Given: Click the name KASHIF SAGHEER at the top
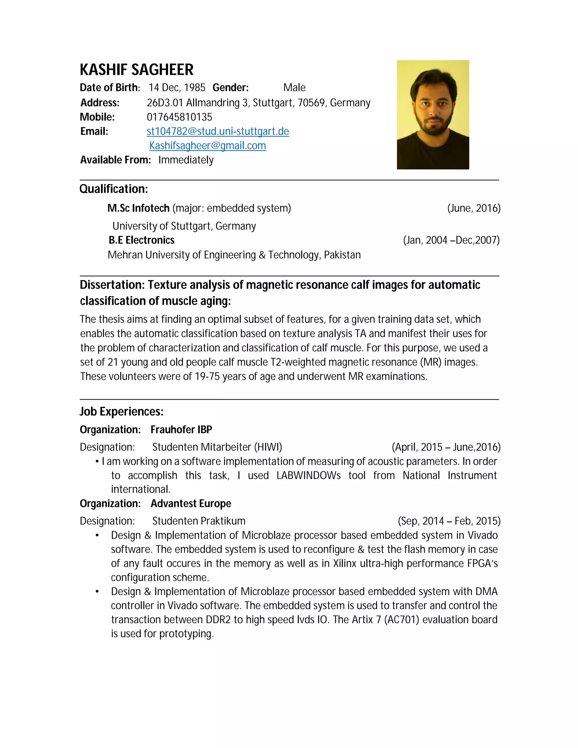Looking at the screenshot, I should tap(137, 70).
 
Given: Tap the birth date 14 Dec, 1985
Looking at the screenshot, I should tap(177, 88).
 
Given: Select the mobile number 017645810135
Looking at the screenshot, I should tap(179, 117).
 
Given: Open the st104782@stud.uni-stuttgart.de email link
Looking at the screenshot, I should tap(218, 132).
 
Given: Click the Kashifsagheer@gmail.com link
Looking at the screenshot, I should tap(207, 146).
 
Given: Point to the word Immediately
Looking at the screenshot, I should tap(186, 160).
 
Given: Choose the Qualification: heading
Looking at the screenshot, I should tap(114, 189).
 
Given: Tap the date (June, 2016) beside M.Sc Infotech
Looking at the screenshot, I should tap(474, 208).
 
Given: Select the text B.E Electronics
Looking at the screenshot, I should tap(141, 240).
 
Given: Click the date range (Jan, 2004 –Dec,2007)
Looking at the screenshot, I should tap(451, 240).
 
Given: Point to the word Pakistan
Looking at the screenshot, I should tap(342, 255).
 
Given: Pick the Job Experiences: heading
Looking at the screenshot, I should tap(122, 411).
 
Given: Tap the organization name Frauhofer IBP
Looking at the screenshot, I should tap(181, 430).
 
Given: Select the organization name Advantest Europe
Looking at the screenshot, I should tap(191, 504).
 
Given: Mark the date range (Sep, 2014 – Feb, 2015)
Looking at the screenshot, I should tap(449, 521).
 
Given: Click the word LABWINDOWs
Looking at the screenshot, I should tap(308, 475).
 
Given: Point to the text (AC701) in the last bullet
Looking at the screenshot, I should tap(401, 620).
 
